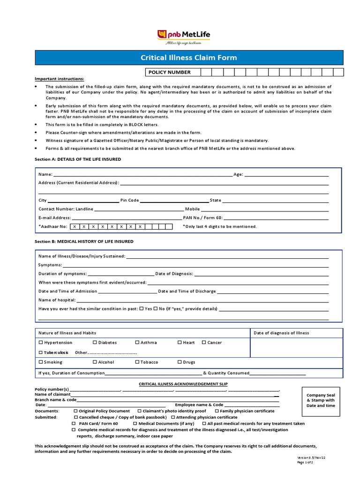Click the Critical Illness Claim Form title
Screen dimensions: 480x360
point(189,58)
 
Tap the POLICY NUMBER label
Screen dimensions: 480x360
point(169,72)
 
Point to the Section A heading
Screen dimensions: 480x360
point(78,159)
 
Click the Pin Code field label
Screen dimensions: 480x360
point(130,200)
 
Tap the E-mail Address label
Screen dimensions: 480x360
point(54,218)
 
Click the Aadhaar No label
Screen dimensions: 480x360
point(52,226)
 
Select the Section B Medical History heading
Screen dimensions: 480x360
point(84,241)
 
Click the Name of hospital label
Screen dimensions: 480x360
point(57,300)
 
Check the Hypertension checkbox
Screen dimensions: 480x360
point(41,343)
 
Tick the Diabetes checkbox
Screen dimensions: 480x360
point(95,343)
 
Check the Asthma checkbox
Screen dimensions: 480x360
point(137,343)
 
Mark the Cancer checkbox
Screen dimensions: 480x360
point(204,343)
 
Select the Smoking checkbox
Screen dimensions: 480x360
point(41,362)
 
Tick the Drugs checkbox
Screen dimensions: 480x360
point(180,362)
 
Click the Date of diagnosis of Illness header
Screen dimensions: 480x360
point(281,333)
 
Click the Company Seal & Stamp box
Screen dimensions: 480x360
point(321,400)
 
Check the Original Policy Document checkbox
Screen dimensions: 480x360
point(76,411)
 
